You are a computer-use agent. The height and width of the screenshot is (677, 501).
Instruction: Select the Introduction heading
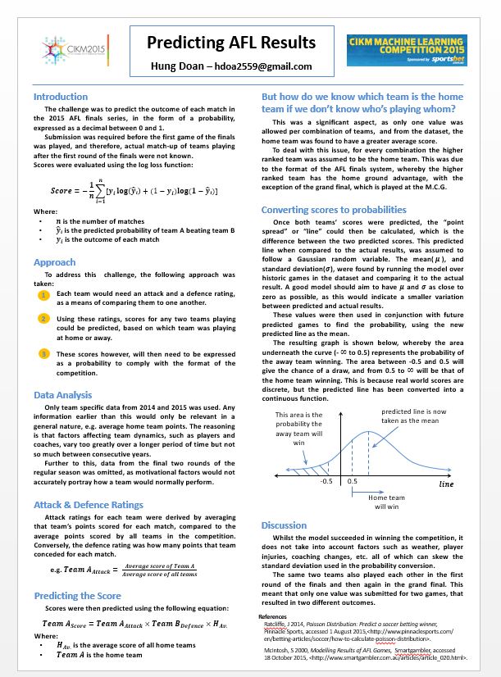click(x=61, y=97)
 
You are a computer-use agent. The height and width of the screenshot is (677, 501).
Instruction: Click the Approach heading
click(x=54, y=262)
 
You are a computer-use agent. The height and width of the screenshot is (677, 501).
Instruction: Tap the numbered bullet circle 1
click(x=43, y=294)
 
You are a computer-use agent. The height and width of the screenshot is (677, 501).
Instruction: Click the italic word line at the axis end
click(x=446, y=484)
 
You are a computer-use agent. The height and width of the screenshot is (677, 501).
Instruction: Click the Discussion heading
click(x=284, y=525)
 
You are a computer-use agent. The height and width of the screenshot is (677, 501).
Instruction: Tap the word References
click(x=273, y=616)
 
